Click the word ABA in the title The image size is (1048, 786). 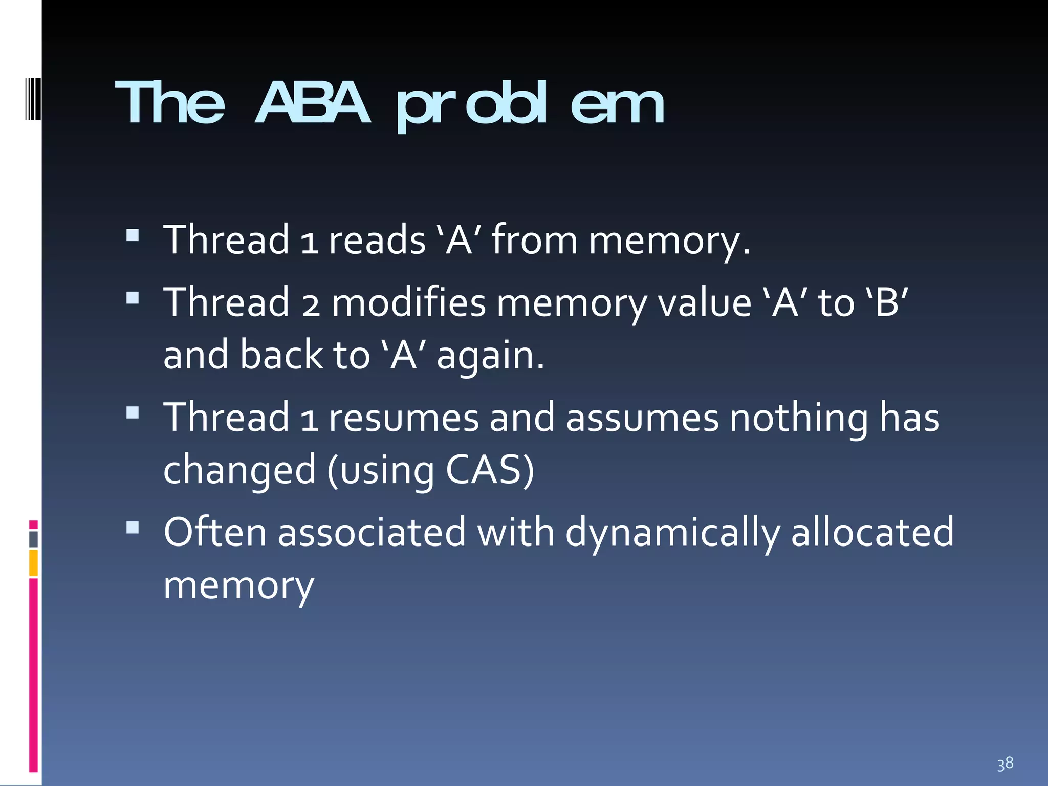(312, 103)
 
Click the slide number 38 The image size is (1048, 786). (1005, 763)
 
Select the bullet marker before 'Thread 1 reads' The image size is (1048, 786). (133, 235)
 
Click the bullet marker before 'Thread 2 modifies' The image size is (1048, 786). (133, 298)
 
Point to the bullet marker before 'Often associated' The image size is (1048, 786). (133, 528)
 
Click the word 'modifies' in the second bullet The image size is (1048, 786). (408, 303)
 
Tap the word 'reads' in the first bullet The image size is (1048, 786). (377, 240)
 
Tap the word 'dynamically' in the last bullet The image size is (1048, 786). (672, 533)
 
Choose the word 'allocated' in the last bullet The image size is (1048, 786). (872, 533)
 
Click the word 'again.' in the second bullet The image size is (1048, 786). (490, 356)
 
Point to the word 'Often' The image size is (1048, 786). (215, 533)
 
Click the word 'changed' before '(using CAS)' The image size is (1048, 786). (239, 470)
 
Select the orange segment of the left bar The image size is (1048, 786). (33, 563)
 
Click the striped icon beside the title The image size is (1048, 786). (33, 99)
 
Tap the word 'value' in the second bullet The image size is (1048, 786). (704, 303)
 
